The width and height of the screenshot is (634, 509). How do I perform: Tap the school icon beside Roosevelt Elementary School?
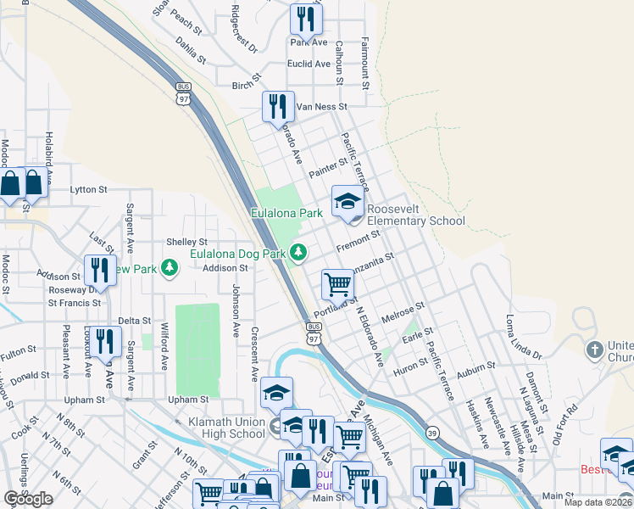347,202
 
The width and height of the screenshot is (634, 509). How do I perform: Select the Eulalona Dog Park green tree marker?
298,252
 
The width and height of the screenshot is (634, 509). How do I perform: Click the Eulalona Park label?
286,213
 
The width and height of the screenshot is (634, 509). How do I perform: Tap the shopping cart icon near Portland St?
337,284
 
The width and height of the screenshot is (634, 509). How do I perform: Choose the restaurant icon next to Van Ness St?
278,107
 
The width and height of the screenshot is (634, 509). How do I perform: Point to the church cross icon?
595,350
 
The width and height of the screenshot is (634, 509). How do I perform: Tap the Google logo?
28,499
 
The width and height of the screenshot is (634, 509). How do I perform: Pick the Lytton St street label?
89,189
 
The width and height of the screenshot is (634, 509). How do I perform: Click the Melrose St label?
403,310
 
